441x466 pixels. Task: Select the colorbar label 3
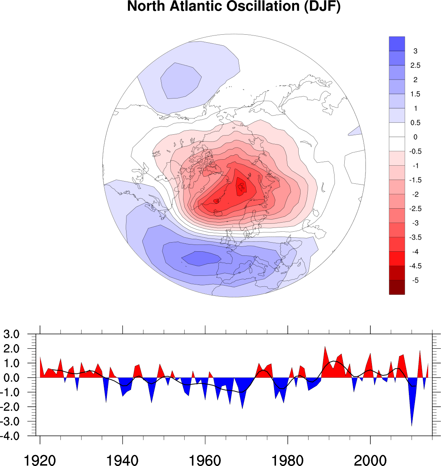point(415,51)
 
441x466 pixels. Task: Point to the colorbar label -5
point(415,280)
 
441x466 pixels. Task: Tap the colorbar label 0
point(415,137)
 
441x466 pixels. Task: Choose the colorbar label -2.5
point(415,209)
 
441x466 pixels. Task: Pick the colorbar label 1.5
point(415,94)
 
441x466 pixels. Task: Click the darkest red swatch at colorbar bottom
point(397,287)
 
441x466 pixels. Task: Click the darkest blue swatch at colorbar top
point(397,44)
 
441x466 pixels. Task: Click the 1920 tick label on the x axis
point(40,461)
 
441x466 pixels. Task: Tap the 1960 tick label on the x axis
point(205,461)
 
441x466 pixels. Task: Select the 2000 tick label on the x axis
point(370,461)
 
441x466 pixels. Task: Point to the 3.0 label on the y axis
point(11,334)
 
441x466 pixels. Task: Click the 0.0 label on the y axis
point(11,378)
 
